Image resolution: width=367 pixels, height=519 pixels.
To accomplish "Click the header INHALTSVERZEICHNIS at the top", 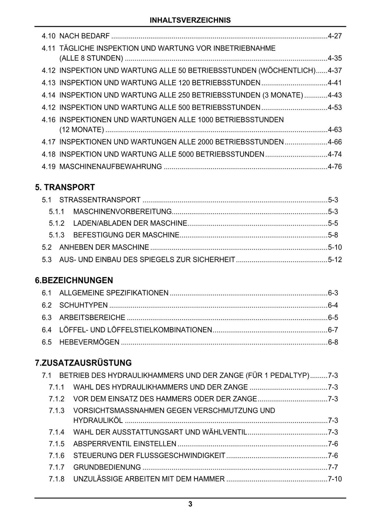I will tap(190, 20).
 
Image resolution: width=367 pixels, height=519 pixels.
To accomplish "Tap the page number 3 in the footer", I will tap(190, 504).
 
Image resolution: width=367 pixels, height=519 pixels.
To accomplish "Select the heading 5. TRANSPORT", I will tap(65, 187).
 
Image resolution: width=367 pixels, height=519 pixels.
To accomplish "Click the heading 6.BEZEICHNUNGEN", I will tap(74, 280).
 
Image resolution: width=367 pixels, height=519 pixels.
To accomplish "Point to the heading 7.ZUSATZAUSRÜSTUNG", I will tap(83, 363).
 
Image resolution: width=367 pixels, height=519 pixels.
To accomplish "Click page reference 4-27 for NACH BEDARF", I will tap(335, 36).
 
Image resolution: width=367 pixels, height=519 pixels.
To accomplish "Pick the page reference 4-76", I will tap(335, 167).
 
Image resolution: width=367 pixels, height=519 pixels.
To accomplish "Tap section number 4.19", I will tap(48, 167).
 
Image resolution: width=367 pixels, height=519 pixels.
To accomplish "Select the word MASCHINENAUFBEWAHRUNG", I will tap(110, 167).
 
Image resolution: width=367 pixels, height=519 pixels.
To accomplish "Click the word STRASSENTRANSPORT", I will tap(100, 200).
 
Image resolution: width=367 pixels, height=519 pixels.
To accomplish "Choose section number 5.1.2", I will tap(57, 223).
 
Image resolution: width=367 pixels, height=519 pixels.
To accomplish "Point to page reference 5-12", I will tap(335, 259).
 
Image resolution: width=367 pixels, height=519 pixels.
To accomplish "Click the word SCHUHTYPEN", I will tap(83, 305).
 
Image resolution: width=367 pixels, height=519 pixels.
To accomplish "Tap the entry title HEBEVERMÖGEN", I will tap(89, 342).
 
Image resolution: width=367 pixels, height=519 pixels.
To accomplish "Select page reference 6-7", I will tap(333, 330).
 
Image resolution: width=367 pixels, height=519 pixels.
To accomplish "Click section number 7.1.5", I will tap(57, 444).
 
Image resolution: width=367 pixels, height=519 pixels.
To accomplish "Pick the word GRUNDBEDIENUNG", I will tap(107, 467).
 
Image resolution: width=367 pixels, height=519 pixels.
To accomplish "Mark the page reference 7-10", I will tap(335, 479).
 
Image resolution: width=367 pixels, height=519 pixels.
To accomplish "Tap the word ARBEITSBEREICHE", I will tap(92, 318).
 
